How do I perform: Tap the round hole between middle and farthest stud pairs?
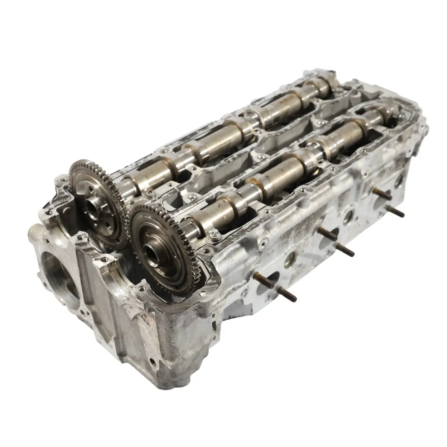point(348,216)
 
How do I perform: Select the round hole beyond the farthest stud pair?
point(398,180)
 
